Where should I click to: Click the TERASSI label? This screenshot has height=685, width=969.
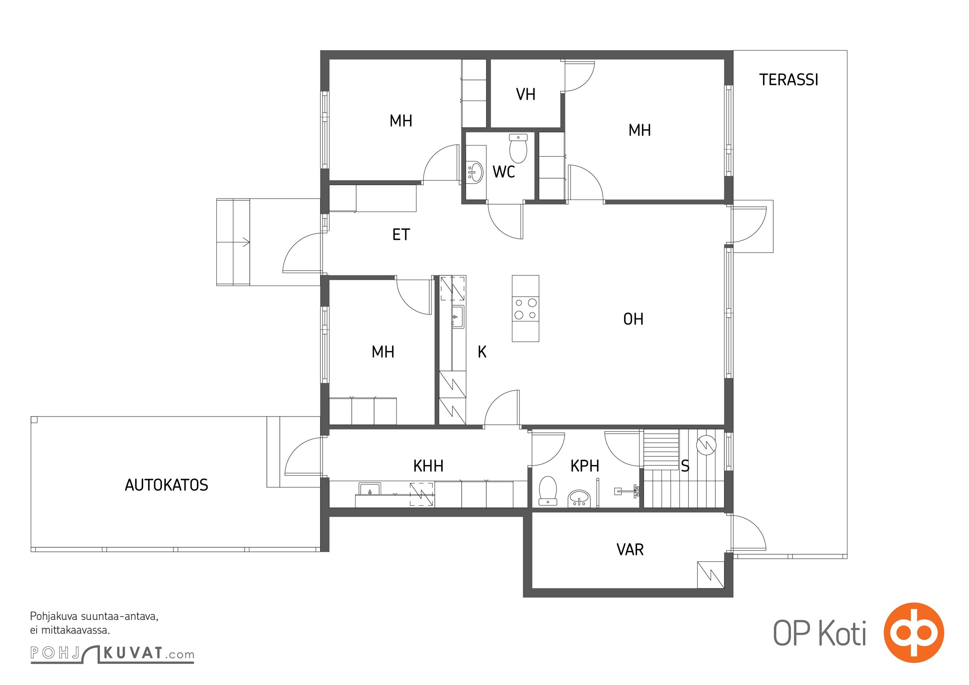789,80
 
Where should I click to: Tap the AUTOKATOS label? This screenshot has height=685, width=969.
166,485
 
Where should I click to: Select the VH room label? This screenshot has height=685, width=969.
526,94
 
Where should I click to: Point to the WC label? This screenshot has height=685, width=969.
504,172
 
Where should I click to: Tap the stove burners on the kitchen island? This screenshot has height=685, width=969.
526,309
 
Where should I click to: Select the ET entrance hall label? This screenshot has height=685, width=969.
401,235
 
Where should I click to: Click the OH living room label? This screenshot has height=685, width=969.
633,319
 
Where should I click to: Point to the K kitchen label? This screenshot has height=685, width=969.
482,352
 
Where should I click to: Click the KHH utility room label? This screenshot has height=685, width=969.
428,466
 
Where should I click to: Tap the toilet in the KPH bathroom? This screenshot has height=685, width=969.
547,491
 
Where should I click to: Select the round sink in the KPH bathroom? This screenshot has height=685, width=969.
579,499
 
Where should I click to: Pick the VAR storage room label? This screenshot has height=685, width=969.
630,550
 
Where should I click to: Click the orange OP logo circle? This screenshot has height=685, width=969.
914,633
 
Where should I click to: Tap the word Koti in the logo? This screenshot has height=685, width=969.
843,634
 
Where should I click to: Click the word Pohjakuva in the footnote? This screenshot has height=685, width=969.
54,617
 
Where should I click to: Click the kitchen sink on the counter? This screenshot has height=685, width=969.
458,317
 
